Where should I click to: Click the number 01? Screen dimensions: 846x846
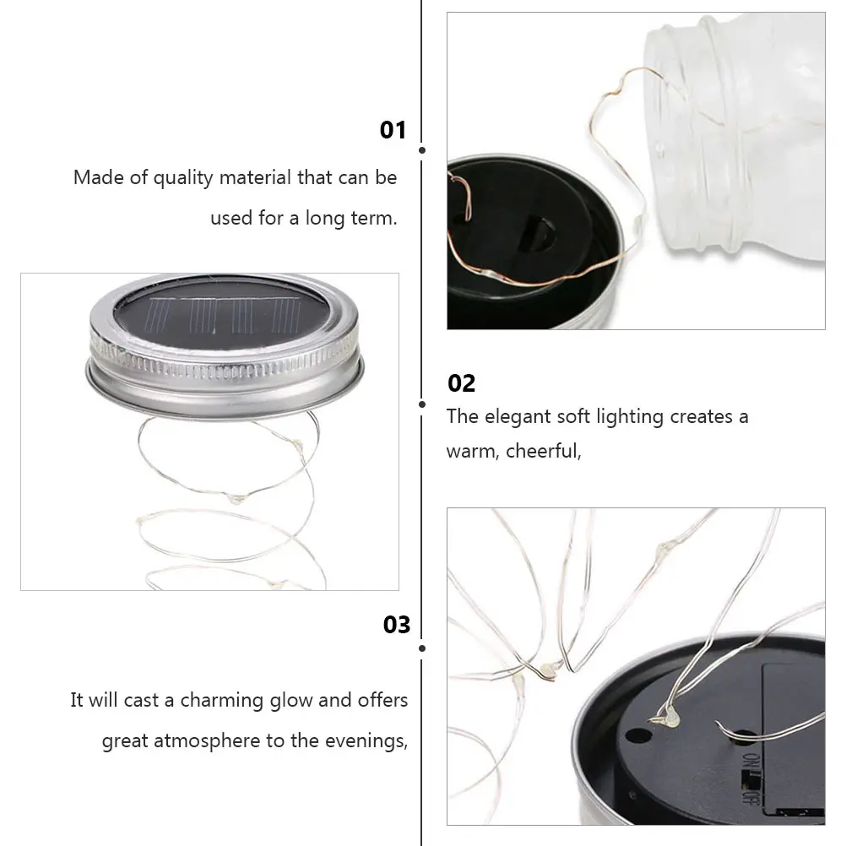[x=393, y=130]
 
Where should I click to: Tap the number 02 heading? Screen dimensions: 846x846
[x=461, y=383]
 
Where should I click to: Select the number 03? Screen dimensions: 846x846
[x=396, y=624]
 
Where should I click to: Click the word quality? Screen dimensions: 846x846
[x=183, y=178]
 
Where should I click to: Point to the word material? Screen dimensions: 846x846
[x=255, y=178]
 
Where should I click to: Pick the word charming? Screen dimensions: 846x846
[x=220, y=701]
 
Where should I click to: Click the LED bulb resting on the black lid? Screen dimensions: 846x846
[x=667, y=719]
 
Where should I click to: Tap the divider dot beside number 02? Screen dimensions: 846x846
[x=422, y=404]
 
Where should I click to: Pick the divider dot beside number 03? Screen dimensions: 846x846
[x=422, y=648]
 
